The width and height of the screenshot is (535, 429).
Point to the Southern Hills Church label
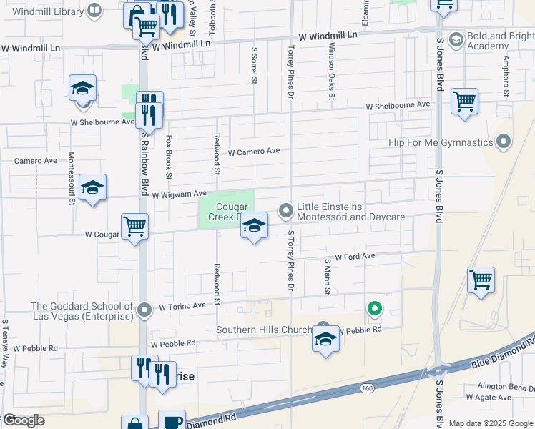point(265,330)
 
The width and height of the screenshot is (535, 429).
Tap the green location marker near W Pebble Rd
point(373,310)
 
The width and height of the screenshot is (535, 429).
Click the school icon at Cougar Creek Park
point(254,227)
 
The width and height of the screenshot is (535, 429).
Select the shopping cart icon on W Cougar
point(134,227)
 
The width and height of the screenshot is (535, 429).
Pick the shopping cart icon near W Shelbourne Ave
point(464,101)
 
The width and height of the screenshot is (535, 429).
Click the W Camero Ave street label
point(254,152)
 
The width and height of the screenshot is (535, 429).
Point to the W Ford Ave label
point(355,256)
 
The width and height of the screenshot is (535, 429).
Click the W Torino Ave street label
point(182,306)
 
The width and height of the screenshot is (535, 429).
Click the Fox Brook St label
point(169,157)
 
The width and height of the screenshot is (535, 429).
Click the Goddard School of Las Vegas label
point(82,310)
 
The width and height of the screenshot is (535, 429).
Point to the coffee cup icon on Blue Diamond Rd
point(172,420)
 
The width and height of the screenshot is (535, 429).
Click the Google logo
point(24,420)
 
